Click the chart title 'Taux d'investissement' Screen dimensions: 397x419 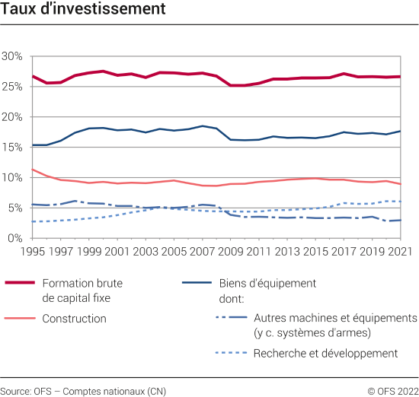tap(83, 10)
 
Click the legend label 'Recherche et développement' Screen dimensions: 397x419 tap(325, 353)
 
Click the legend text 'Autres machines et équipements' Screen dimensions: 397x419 tap(335, 318)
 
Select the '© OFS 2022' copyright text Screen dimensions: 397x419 tap(392, 391)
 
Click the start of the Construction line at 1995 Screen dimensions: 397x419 tap(32, 170)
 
